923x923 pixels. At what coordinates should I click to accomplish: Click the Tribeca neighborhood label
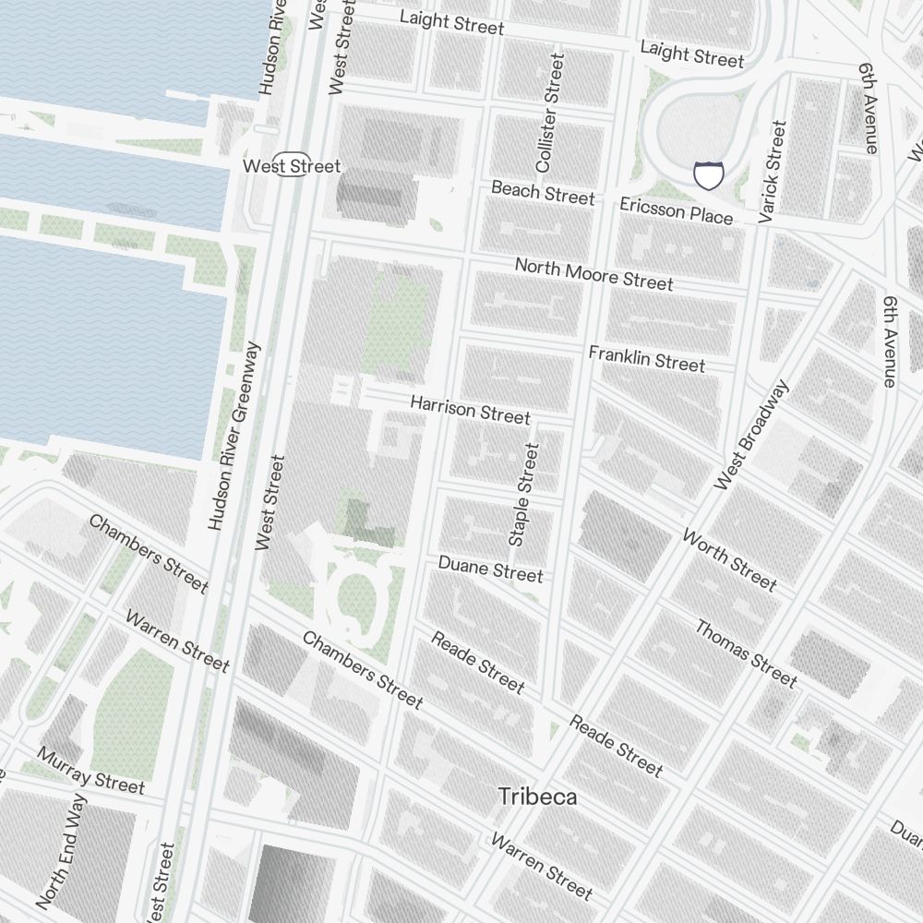click(x=537, y=797)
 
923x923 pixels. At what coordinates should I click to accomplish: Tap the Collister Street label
click(x=548, y=112)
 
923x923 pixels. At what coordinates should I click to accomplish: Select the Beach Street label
click(x=543, y=193)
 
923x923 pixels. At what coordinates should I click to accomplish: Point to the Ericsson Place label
click(x=677, y=210)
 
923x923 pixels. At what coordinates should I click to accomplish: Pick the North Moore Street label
click(x=593, y=274)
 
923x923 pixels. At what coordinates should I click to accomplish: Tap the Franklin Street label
click(x=646, y=358)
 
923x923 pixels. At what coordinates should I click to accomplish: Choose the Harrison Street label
click(x=470, y=410)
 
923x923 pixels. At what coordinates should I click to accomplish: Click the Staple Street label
click(x=522, y=494)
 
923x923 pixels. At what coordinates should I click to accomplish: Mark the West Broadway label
click(x=752, y=435)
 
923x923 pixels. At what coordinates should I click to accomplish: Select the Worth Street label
click(x=729, y=559)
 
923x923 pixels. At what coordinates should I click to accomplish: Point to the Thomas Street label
click(x=745, y=653)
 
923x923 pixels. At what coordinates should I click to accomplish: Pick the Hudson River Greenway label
click(x=235, y=437)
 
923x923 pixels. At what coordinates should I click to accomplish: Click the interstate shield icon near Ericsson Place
click(x=708, y=174)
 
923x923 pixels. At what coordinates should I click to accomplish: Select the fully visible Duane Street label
click(x=490, y=569)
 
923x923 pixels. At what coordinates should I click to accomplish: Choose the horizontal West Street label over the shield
click(x=292, y=166)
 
